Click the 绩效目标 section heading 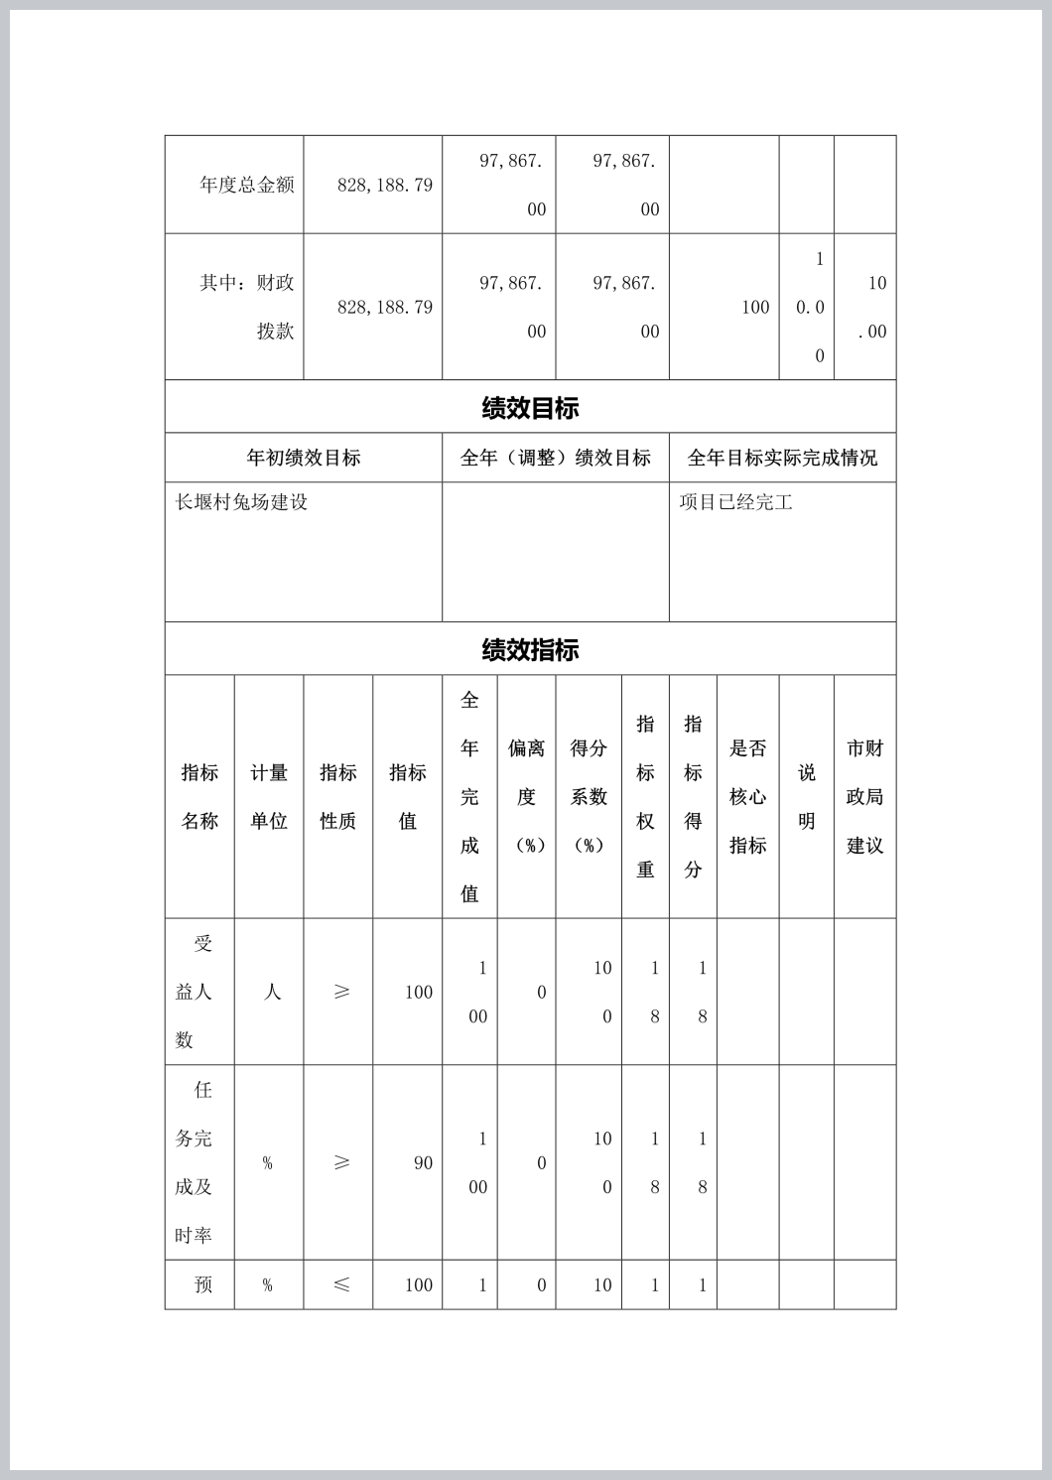530,407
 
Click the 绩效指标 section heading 530,650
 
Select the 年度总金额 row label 246,185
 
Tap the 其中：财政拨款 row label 248,307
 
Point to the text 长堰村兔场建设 241,502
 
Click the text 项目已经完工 735,502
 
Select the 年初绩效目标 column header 304,458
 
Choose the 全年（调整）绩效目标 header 555,458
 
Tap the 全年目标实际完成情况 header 782,458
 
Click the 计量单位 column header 269,796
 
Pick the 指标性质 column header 338,796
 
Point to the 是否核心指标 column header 748,796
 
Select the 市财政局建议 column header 864,796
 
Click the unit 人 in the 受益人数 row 271,992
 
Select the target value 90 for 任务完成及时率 423,1163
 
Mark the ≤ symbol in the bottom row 341,1285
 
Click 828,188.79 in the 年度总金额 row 384,185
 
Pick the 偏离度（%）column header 527,796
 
